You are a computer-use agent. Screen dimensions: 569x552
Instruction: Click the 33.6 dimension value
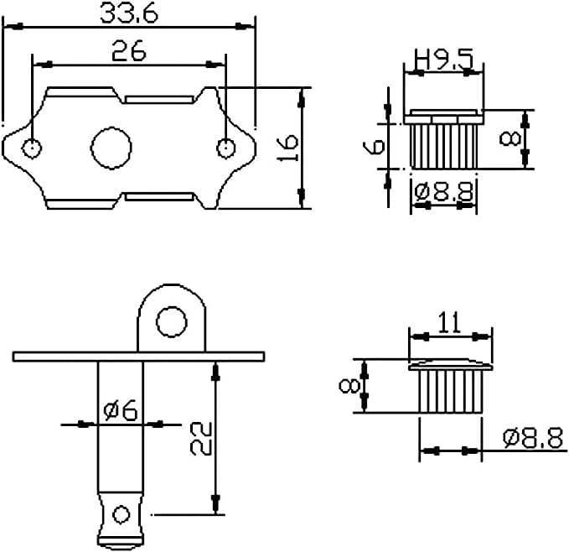pos(129,13)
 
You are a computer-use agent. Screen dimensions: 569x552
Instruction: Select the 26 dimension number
pos(129,51)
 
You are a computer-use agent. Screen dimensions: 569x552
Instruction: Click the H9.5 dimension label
pos(444,60)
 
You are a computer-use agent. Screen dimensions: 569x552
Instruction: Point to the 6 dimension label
pos(374,146)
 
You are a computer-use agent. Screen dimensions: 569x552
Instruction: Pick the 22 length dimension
pos(201,439)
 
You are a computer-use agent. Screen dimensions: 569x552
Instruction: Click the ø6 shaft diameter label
pos(121,410)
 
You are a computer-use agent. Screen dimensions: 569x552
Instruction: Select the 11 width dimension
pos(450,322)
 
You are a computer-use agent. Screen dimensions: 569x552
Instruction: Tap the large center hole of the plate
pos(111,148)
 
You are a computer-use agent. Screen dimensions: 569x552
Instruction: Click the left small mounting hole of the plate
pos(32,148)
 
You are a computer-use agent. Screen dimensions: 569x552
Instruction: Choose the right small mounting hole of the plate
pos(226,148)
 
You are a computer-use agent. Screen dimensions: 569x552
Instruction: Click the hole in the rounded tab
pos(172,322)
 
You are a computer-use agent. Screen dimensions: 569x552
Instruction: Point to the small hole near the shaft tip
pos(121,514)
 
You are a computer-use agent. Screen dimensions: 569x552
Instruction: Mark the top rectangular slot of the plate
pos(159,100)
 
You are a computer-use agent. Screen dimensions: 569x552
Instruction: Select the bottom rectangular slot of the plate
pos(159,197)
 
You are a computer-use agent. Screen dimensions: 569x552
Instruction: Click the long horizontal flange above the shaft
pos(138,357)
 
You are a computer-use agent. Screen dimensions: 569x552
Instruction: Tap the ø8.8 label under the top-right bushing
pos(444,191)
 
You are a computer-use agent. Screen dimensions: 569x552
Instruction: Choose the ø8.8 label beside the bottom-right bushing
pos(533,438)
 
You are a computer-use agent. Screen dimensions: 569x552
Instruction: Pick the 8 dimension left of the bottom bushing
pos(349,386)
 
